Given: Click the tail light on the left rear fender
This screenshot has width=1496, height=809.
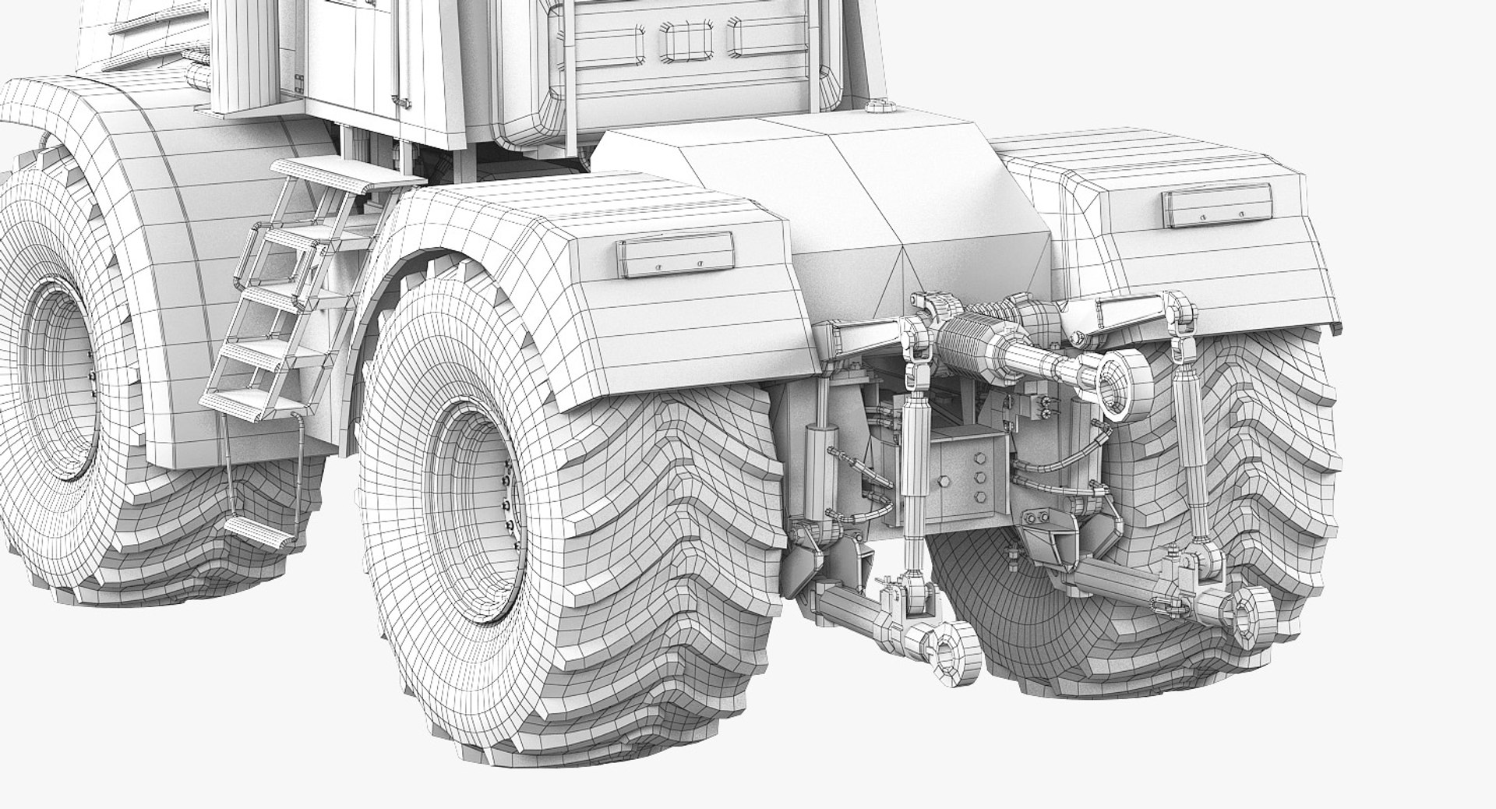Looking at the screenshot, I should pos(675,256).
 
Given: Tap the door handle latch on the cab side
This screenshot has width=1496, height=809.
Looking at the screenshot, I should pos(402,100).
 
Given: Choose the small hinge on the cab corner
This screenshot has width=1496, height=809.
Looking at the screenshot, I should pos(298,78).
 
